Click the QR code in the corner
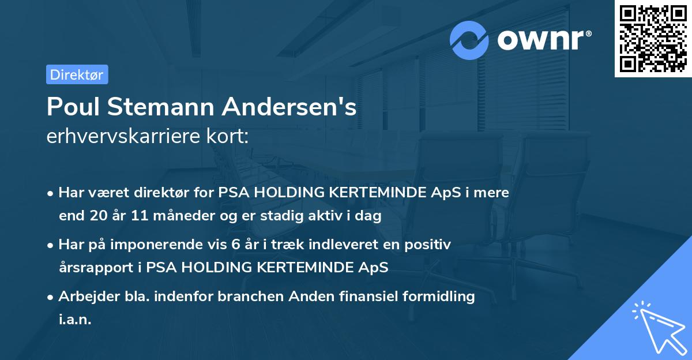coord(653,39)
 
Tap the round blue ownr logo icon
coord(470,40)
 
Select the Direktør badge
coord(77,74)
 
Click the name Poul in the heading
coord(71,107)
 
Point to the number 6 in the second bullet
coord(235,245)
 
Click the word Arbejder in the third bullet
coord(84,297)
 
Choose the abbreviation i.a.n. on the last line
coord(75,320)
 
